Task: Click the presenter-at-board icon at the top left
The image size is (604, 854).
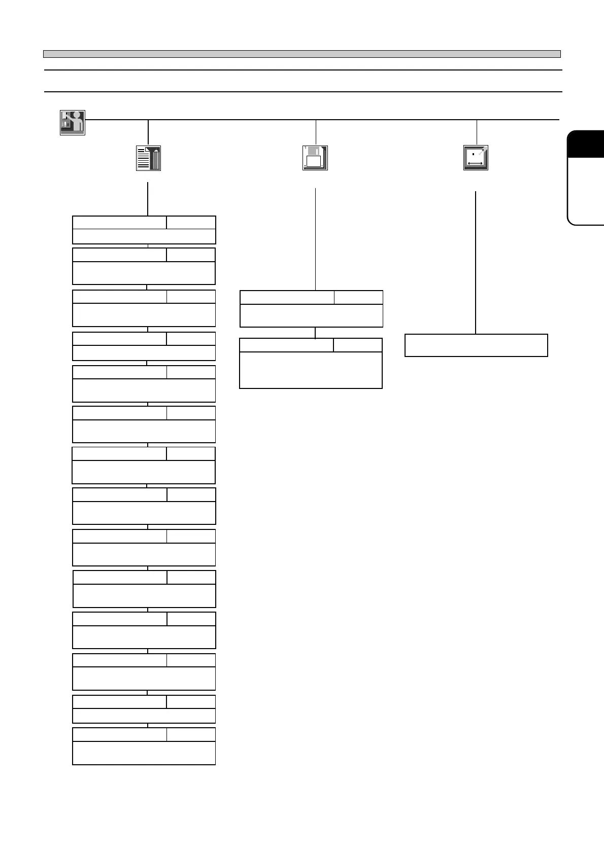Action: (x=73, y=123)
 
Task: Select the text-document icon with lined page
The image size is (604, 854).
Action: (x=148, y=158)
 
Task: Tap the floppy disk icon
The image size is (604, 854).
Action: (x=315, y=158)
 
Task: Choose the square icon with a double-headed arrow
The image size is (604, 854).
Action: (x=476, y=158)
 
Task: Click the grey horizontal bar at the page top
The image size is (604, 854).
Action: (x=301, y=54)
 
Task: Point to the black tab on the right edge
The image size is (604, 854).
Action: (x=586, y=145)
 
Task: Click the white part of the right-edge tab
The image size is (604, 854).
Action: (x=587, y=190)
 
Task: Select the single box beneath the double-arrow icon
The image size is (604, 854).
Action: (x=476, y=345)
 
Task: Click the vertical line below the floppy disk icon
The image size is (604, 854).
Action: (x=316, y=238)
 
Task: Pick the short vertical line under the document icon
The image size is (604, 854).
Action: (x=148, y=199)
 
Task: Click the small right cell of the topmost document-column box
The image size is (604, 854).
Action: (x=191, y=223)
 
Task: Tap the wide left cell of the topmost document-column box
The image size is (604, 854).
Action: (x=119, y=223)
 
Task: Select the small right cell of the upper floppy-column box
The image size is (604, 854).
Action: (x=358, y=297)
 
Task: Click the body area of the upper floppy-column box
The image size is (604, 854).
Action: (x=311, y=315)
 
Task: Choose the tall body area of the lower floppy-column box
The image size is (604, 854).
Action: (x=311, y=370)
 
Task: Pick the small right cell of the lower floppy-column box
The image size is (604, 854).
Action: (x=357, y=345)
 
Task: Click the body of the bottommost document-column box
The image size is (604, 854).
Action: (x=144, y=753)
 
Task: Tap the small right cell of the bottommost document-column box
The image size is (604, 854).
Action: (x=191, y=734)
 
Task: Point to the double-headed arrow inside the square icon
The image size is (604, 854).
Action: (x=475, y=163)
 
